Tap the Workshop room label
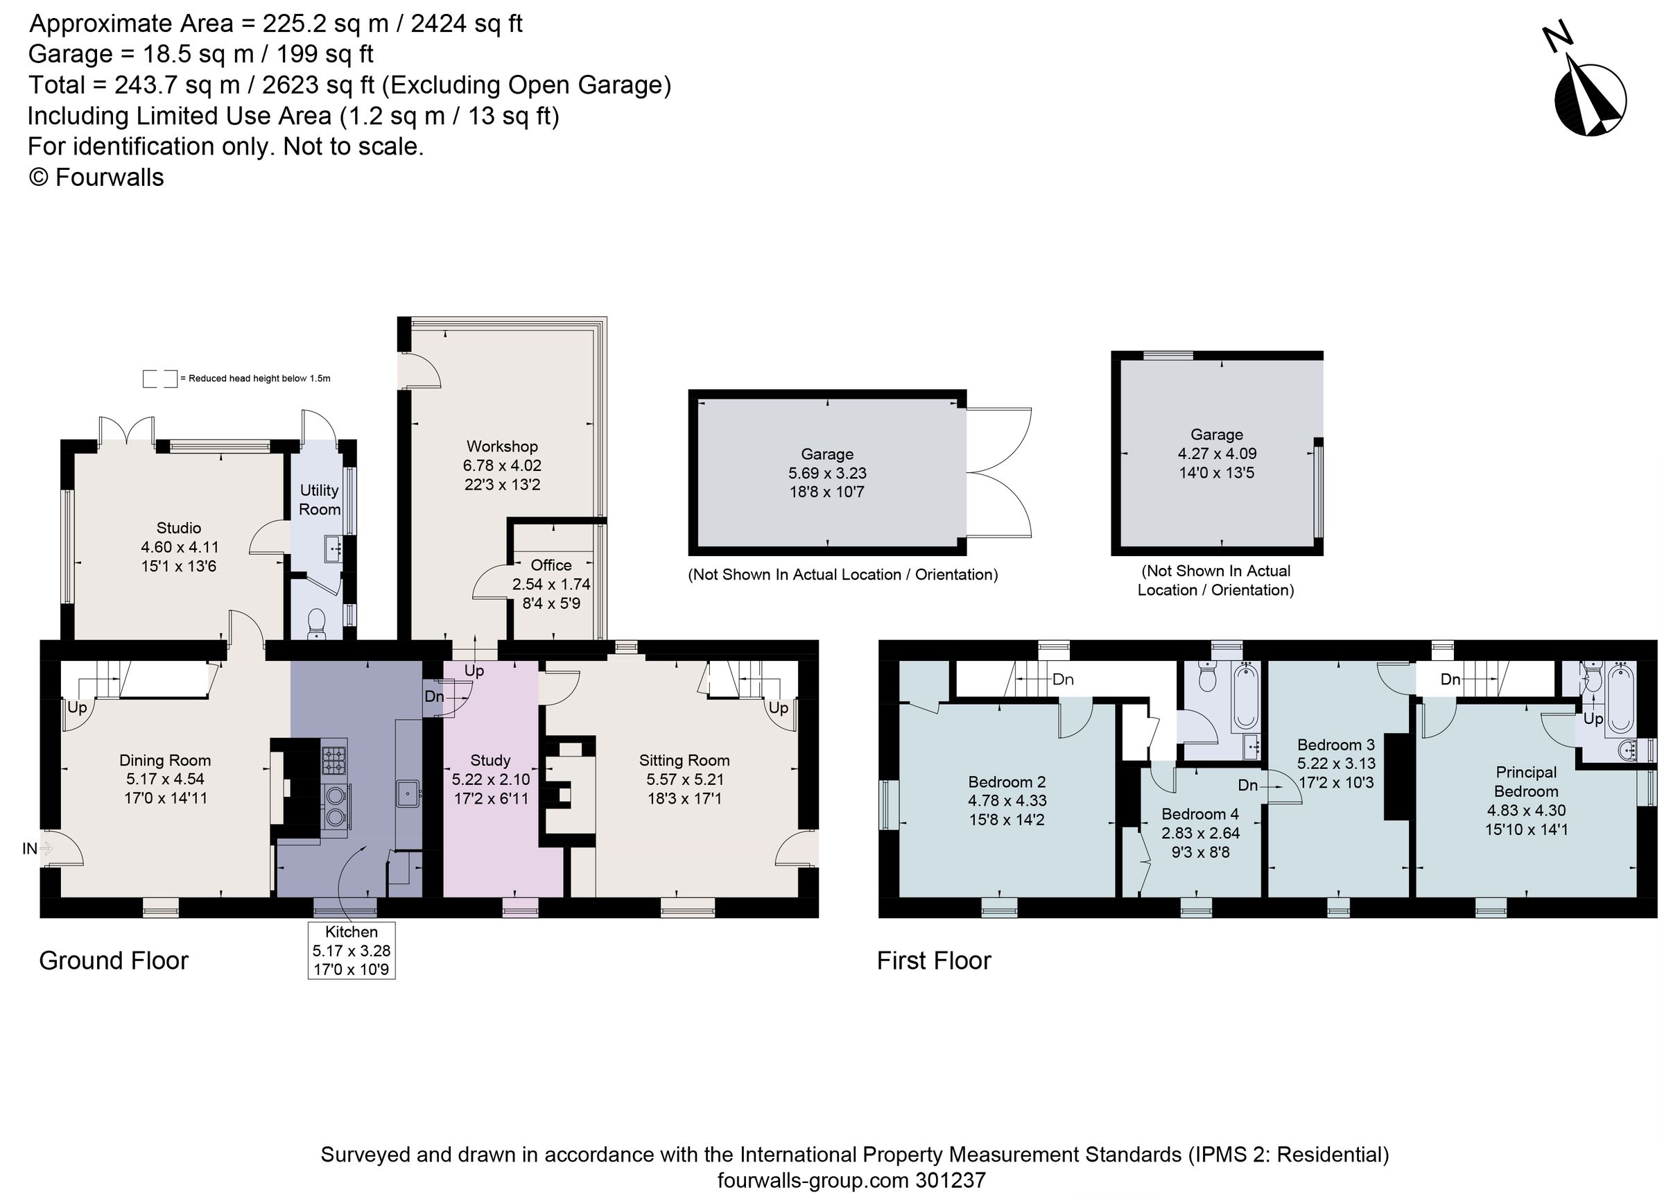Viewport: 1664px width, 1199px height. click(x=502, y=446)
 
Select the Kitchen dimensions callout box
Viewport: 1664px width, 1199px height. click(x=352, y=950)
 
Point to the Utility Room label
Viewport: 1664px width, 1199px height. click(x=319, y=500)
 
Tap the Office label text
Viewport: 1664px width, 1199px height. click(x=551, y=565)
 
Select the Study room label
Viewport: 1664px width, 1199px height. click(x=490, y=760)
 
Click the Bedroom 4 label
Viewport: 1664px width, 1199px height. click(x=1199, y=813)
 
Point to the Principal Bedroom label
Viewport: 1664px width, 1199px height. click(x=1525, y=782)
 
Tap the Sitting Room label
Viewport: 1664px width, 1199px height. click(x=684, y=760)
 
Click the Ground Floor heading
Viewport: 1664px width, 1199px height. click(x=114, y=961)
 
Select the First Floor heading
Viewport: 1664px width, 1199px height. click(x=933, y=961)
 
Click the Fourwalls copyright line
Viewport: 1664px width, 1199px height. click(x=96, y=178)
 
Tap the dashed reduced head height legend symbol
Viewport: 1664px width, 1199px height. click(x=160, y=379)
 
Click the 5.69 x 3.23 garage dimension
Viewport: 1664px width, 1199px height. click(x=827, y=473)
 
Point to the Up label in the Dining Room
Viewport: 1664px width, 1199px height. click(x=77, y=707)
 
